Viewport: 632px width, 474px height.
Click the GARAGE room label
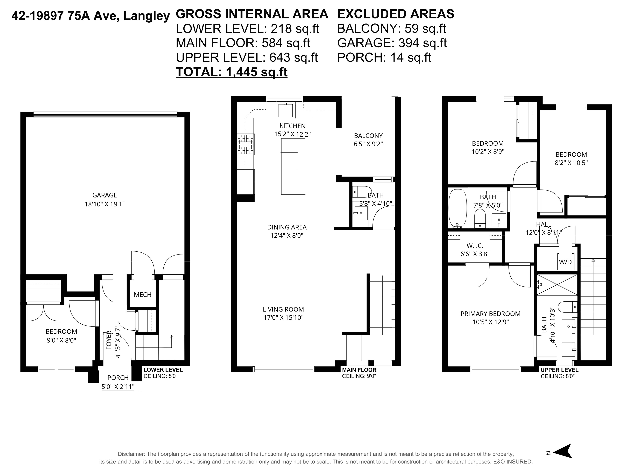coord(105,195)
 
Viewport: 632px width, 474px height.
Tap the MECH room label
coord(143,295)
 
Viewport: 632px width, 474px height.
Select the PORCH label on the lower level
coord(118,378)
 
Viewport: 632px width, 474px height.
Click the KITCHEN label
coord(292,126)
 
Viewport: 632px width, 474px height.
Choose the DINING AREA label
coord(287,227)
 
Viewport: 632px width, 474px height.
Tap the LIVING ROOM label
coord(283,309)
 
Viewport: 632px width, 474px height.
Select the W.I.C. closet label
coord(475,246)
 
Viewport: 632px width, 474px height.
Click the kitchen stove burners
coord(246,144)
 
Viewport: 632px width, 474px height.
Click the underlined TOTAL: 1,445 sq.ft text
coord(232,72)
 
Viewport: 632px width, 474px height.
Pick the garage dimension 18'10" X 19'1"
coord(105,204)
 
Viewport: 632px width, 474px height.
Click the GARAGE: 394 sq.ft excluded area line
coord(392,43)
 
